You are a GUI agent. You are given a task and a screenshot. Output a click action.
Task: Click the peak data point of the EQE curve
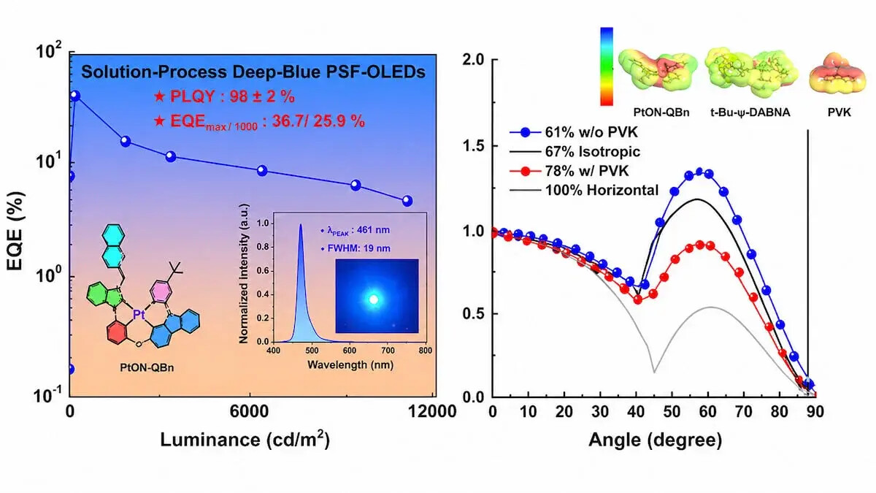point(75,96)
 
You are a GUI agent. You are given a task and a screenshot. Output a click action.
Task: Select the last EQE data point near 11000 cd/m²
point(407,201)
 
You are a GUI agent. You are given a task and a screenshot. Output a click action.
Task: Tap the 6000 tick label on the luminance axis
point(250,412)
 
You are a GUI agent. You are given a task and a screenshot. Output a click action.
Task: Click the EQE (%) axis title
point(15,231)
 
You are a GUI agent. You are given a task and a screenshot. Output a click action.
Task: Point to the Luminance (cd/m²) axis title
point(245,440)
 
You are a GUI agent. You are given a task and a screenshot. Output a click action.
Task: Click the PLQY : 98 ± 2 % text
point(225,96)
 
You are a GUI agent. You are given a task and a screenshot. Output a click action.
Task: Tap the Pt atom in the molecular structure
point(139,314)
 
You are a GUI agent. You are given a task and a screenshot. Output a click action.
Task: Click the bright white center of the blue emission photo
point(374,299)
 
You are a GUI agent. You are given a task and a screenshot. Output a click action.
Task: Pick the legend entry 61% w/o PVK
point(574,132)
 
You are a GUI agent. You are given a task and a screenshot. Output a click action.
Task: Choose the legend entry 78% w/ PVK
point(569,171)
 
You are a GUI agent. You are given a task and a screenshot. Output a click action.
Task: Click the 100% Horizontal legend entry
point(584,190)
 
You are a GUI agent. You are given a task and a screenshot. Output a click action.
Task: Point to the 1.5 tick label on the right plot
point(473,146)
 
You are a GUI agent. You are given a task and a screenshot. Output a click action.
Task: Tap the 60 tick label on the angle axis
point(707,412)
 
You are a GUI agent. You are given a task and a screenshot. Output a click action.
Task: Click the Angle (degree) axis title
point(655,440)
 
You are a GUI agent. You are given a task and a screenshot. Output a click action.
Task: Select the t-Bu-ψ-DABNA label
point(750,112)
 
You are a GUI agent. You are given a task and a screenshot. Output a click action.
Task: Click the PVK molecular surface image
point(838,74)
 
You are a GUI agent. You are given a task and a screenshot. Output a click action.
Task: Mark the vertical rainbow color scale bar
point(607,66)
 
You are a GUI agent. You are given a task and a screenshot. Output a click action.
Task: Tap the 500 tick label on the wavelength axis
point(311,350)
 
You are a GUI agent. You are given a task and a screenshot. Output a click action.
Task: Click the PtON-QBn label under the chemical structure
point(147,368)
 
